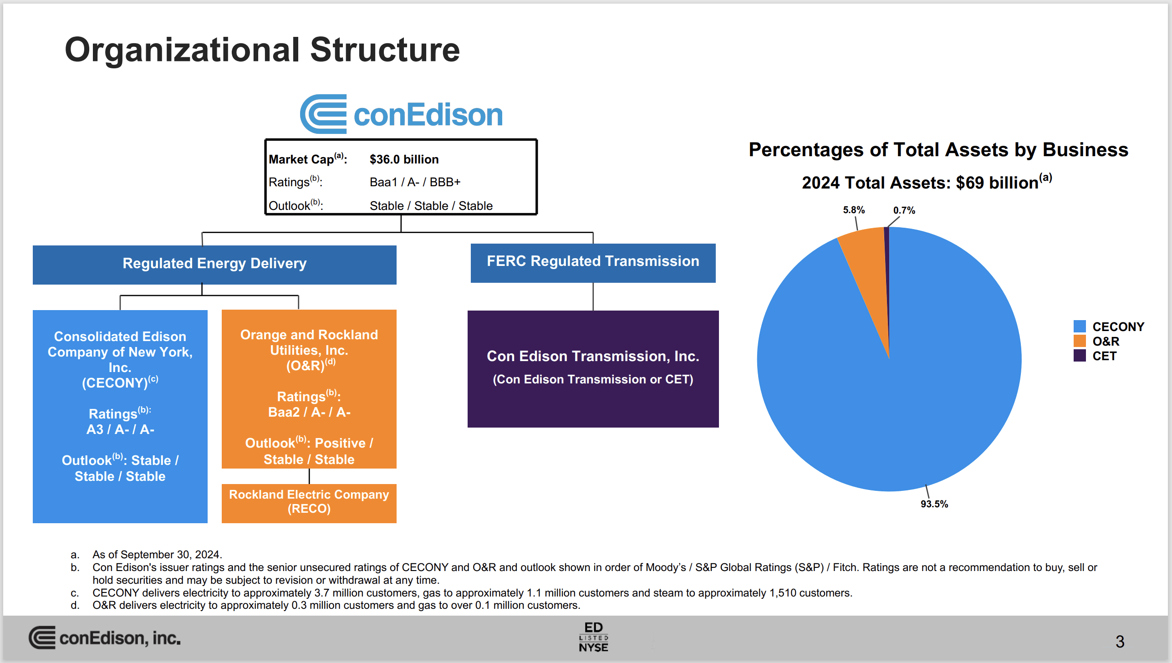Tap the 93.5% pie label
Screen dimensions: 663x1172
point(934,504)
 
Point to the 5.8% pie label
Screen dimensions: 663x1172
point(853,210)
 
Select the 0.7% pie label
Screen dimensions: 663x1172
point(904,210)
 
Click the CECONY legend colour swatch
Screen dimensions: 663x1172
point(1079,326)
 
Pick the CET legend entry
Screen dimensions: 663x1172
point(1104,356)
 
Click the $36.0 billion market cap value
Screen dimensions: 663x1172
point(404,159)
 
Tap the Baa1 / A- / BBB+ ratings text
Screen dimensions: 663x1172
point(415,182)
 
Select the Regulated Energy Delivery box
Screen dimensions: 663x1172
point(214,264)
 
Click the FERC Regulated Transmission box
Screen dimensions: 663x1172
point(593,262)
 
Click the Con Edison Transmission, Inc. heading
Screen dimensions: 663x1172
point(593,356)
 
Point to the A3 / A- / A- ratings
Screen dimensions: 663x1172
point(120,429)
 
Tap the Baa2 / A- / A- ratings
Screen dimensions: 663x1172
point(309,412)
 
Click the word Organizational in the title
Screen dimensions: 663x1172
point(182,50)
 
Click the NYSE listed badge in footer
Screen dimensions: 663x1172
point(593,637)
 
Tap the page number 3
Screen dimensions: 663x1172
point(1120,642)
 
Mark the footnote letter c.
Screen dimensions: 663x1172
point(75,593)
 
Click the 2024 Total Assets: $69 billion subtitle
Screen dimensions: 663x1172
point(926,183)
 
